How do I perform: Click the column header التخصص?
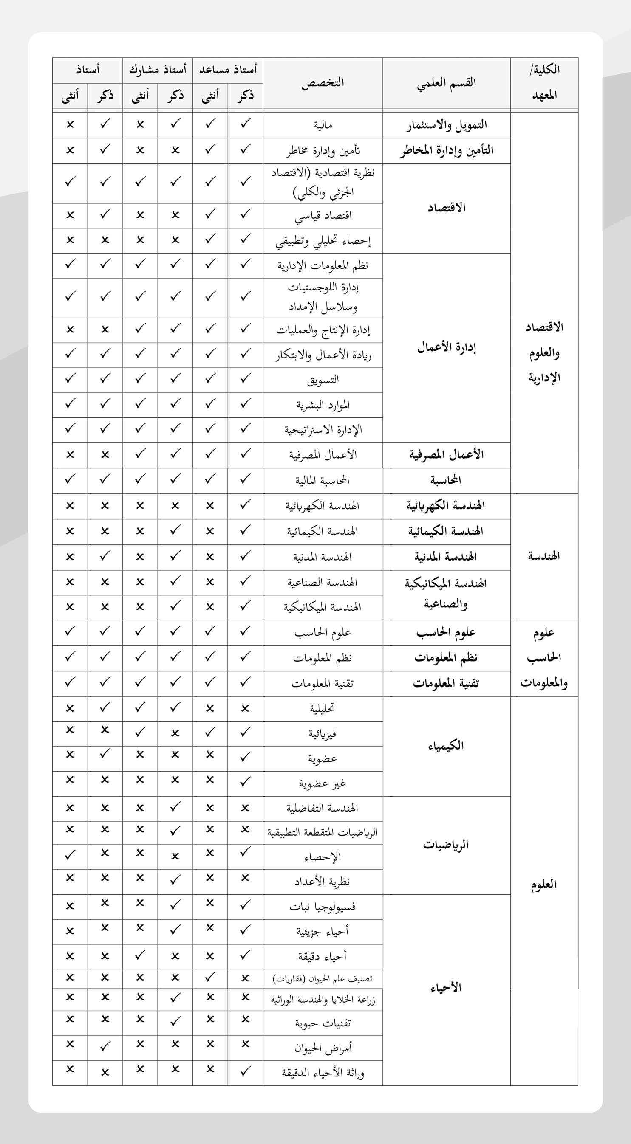(323, 83)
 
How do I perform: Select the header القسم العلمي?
(446, 83)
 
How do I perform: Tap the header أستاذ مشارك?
(158, 70)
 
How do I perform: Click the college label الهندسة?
(543, 556)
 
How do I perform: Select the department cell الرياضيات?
(446, 844)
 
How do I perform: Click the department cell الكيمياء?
(446, 746)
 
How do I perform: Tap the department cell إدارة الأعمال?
(446, 347)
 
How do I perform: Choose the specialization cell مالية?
(323, 125)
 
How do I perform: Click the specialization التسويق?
(323, 380)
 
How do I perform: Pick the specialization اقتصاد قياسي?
(323, 216)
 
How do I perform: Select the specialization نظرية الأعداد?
(322, 882)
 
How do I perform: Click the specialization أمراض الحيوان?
(323, 1048)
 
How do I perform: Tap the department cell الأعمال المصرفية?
(446, 455)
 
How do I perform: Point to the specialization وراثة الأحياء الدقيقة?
(323, 1074)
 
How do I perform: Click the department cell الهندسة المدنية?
(446, 557)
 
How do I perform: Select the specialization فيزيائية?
(322, 734)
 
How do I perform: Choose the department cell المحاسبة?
(446, 480)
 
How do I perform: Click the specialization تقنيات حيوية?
(323, 1023)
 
